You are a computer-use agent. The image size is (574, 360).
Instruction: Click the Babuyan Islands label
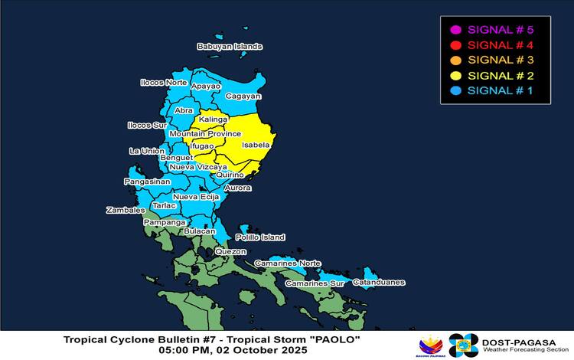230,47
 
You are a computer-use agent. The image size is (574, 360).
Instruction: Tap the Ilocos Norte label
163,82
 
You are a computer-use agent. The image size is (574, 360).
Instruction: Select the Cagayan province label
244,97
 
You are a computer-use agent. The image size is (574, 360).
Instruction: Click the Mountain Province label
204,133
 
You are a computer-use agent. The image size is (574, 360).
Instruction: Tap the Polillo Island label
260,237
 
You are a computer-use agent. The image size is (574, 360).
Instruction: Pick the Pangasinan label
148,182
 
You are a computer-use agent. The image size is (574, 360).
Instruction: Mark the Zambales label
126,210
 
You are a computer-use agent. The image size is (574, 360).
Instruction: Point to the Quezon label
230,251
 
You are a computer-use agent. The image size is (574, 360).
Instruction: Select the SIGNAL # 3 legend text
499,60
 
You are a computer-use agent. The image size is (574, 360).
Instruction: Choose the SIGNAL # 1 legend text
499,90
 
